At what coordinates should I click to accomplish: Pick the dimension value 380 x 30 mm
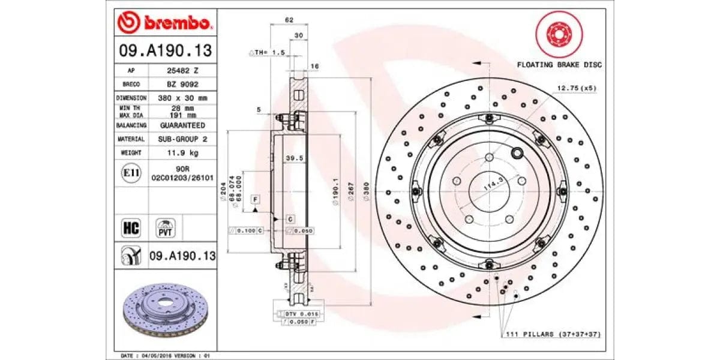pyautogui.click(x=182, y=98)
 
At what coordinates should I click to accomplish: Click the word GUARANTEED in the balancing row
pyautogui.click(x=182, y=125)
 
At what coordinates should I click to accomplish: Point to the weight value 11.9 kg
pyautogui.click(x=182, y=152)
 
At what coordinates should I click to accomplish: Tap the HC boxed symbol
pyautogui.click(x=131, y=228)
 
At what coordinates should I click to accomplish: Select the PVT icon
pyautogui.click(x=164, y=228)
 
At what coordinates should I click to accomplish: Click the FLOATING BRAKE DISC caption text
pyautogui.click(x=559, y=65)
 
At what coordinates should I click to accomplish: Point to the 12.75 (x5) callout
pyautogui.click(x=577, y=88)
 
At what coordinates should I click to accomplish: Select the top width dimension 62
pyautogui.click(x=289, y=20)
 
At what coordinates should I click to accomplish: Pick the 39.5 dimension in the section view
pyautogui.click(x=293, y=158)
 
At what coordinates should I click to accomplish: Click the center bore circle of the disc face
pyautogui.click(x=489, y=191)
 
